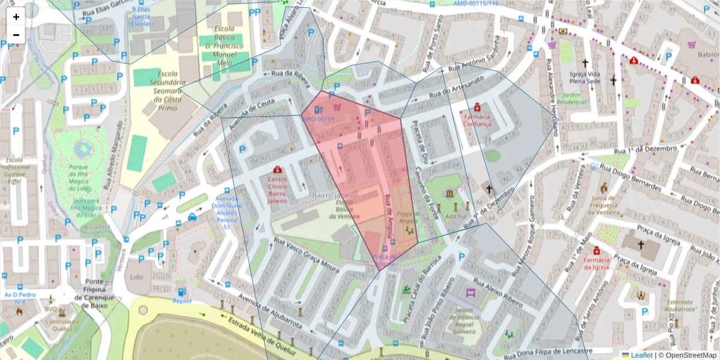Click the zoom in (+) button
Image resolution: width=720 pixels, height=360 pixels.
pos(16,17)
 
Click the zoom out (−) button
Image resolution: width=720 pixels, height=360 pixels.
pos(16,34)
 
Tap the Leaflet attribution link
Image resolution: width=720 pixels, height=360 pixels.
pos(637,355)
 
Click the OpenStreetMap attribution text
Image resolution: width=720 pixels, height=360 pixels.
pos(688,355)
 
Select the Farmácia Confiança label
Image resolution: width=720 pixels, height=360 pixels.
pos(477,120)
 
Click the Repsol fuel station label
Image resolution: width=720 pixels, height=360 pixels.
pos(182,301)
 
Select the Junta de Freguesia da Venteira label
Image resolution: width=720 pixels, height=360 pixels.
pos(604,203)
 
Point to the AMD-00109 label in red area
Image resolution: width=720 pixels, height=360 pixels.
pos(318,119)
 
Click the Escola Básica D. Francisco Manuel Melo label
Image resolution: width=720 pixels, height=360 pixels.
pos(223,45)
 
